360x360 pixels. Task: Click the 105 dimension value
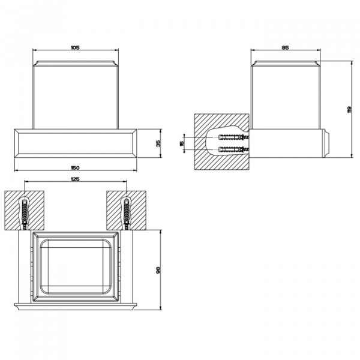(x=76, y=47)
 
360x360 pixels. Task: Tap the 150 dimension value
(x=76, y=168)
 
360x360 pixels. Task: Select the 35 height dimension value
(x=158, y=143)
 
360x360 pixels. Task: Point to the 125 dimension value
(x=76, y=179)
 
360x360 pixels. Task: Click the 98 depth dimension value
(x=158, y=270)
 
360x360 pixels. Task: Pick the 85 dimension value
(x=285, y=47)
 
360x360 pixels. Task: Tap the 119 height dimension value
(x=349, y=109)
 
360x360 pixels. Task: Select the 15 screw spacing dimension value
(x=182, y=143)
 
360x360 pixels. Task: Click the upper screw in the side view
(x=234, y=137)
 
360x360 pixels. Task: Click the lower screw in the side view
(x=234, y=149)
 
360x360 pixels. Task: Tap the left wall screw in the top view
(x=25, y=214)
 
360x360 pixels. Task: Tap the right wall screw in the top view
(x=127, y=214)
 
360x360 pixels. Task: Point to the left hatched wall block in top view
(x=25, y=210)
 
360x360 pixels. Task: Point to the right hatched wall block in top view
(x=126, y=210)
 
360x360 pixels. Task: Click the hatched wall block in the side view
(x=222, y=142)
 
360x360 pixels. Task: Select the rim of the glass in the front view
(x=76, y=64)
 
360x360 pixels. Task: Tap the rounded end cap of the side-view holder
(x=328, y=143)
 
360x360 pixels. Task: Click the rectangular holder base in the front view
(x=76, y=143)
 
